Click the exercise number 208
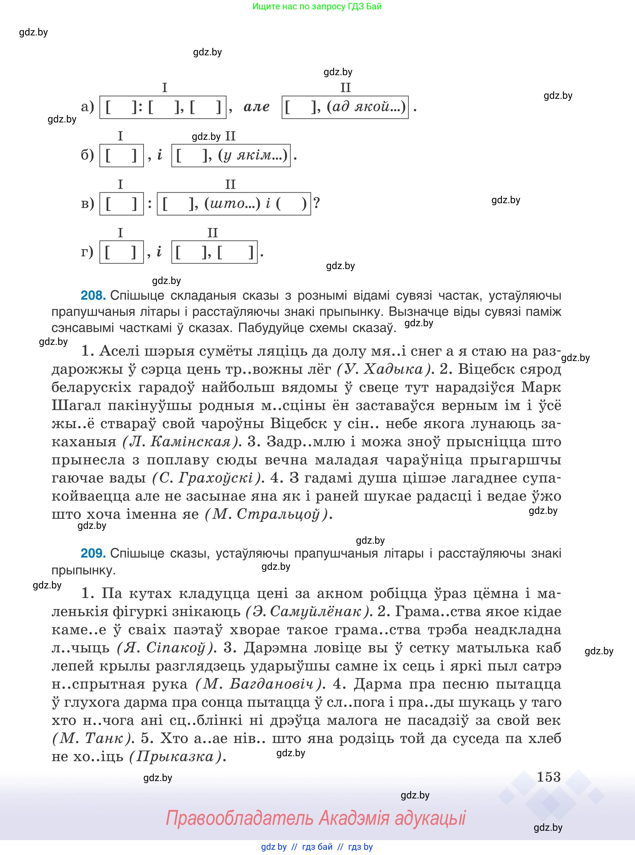(x=93, y=295)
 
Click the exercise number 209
(x=93, y=553)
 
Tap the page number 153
(x=549, y=777)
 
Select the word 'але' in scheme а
(x=256, y=107)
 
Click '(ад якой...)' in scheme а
(x=366, y=107)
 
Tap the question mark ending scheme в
(x=316, y=203)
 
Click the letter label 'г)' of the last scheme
(x=87, y=252)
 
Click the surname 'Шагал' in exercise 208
(x=76, y=405)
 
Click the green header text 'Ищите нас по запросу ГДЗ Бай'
(x=317, y=6)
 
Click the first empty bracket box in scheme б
(x=122, y=155)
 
